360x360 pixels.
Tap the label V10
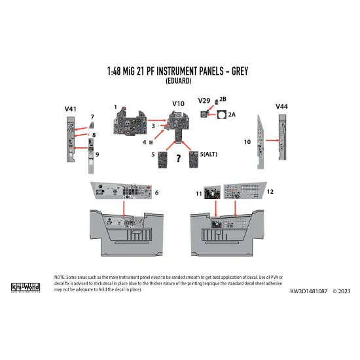pyautogui.click(x=179, y=104)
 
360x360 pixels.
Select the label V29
pyautogui.click(x=204, y=101)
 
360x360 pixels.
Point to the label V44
pyautogui.click(x=282, y=106)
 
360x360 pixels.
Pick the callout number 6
pyautogui.click(x=157, y=192)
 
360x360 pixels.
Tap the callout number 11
pyautogui.click(x=198, y=194)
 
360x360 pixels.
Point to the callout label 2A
pyautogui.click(x=233, y=114)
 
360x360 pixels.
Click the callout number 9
pyautogui.click(x=97, y=154)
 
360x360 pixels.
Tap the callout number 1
pyautogui.click(x=115, y=107)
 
